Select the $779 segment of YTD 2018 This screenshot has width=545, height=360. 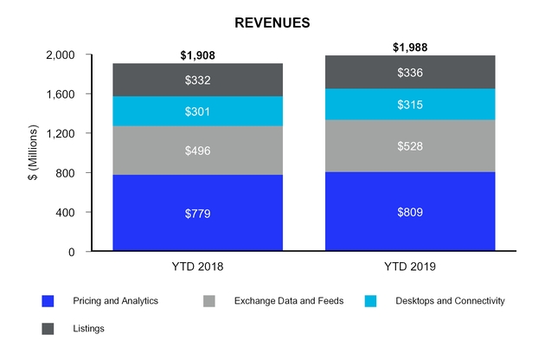198,213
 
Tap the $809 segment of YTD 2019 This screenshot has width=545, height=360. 410,211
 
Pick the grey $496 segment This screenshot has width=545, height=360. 198,151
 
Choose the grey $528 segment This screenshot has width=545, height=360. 410,145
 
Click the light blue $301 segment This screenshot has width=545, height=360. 198,111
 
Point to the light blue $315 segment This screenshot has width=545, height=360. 410,104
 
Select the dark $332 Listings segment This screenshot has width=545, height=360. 198,80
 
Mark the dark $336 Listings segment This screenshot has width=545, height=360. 410,72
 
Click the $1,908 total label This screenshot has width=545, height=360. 198,55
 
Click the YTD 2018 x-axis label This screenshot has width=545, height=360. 198,267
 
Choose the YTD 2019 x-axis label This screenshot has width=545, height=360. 410,267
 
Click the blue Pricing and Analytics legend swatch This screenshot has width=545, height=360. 48,302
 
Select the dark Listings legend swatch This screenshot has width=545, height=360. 48,328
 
